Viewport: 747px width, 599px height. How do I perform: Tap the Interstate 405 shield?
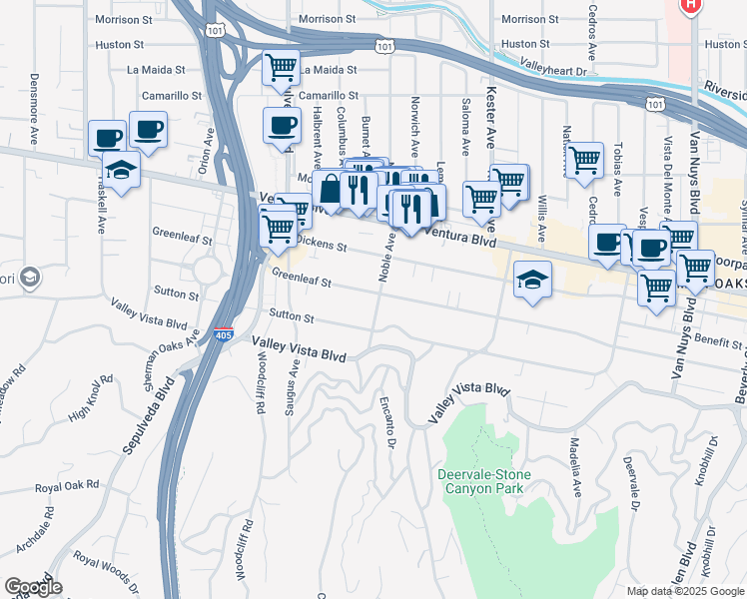coord(224,335)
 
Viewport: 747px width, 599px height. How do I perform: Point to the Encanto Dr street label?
coord(386,423)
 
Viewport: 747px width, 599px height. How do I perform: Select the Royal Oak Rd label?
coord(67,486)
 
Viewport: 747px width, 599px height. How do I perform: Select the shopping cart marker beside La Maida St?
coord(281,69)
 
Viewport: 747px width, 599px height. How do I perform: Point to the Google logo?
coord(33,587)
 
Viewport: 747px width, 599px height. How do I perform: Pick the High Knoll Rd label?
coord(92,396)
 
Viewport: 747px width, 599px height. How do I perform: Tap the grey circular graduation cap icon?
coord(30,277)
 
